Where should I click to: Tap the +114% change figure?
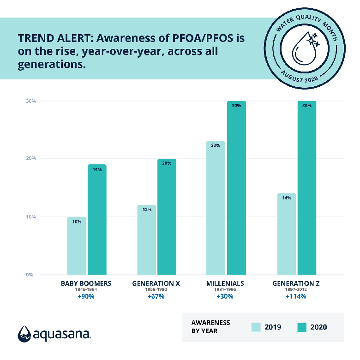coord(295,296)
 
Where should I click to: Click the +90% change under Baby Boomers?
coord(86,296)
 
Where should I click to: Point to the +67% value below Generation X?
coord(156,296)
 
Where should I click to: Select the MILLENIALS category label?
coord(226,283)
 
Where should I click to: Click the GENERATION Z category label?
coord(295,283)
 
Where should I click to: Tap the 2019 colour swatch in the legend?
coord(256,327)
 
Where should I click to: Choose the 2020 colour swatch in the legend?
coord(302,327)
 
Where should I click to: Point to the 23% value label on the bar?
coord(216,145)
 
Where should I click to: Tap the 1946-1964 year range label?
coord(86,290)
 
